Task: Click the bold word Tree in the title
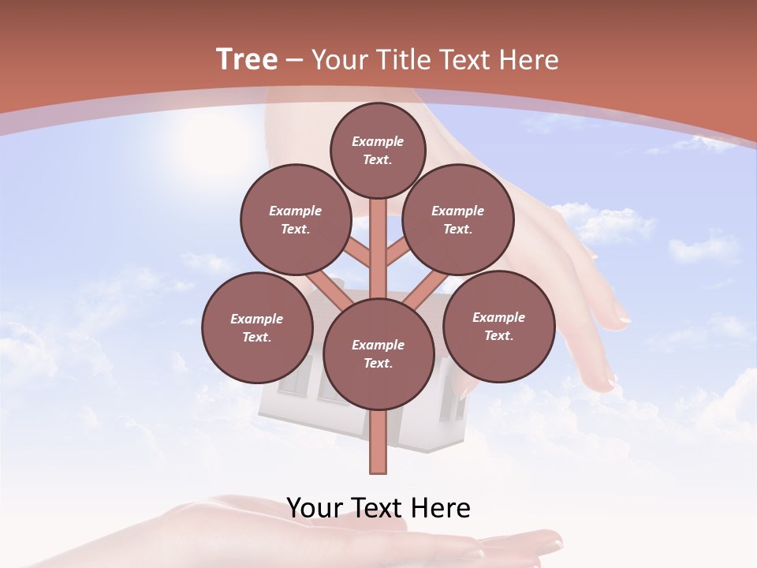(x=247, y=59)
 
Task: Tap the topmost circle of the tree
(x=378, y=150)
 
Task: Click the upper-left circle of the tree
(x=295, y=220)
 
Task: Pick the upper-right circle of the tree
(x=458, y=220)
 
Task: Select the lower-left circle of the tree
(x=257, y=327)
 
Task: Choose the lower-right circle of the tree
(x=498, y=326)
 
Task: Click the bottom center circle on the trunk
(x=378, y=354)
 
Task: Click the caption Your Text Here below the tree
(x=378, y=508)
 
